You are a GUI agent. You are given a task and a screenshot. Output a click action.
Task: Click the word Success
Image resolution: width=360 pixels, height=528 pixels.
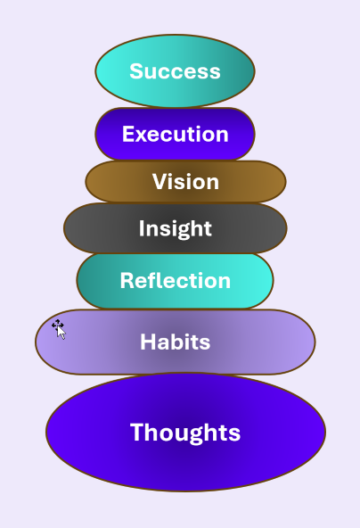coord(175,71)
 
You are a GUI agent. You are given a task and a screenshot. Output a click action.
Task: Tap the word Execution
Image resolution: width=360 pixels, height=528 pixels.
coord(176,134)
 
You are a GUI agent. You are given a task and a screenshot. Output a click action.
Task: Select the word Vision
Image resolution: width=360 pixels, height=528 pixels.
coord(185,182)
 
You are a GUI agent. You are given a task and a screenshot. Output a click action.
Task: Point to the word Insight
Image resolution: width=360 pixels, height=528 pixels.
coord(176,229)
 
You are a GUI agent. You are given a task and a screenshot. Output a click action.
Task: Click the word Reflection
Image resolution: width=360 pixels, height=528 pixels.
coord(176,280)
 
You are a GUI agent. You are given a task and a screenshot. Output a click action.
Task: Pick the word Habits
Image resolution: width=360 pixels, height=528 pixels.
coord(176,342)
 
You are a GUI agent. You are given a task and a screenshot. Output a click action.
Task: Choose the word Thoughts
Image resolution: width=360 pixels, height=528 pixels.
coord(185,433)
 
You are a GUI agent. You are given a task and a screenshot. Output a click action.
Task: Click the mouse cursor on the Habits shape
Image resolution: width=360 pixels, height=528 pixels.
coord(59,329)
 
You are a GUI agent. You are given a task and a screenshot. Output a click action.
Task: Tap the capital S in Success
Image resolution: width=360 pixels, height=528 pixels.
coord(136,71)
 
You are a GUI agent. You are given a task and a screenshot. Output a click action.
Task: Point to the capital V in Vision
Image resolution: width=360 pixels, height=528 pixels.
coord(160,182)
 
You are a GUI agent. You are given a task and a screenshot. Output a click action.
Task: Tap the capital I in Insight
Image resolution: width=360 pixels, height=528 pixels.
coord(142,228)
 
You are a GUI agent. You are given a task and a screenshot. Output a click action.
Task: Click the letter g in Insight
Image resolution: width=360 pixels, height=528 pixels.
coord(182,233)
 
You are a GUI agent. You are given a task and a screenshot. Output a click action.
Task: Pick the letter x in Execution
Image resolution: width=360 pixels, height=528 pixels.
coord(142,136)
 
